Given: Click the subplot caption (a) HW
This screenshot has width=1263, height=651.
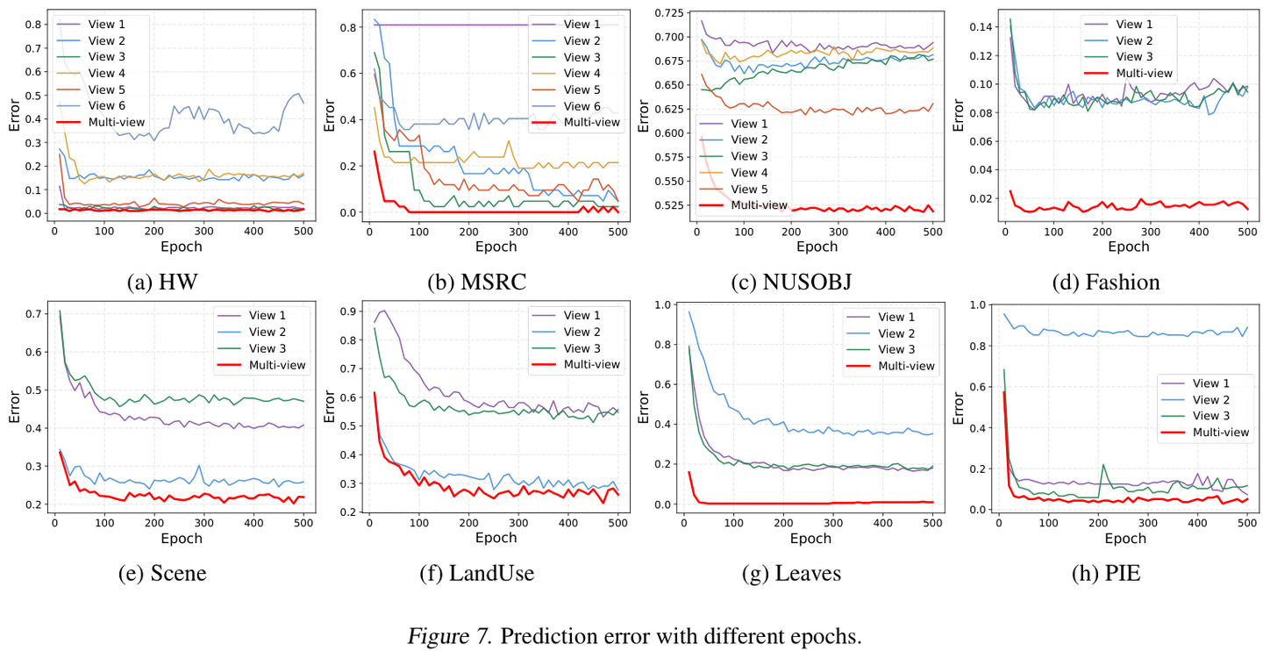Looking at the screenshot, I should (162, 283).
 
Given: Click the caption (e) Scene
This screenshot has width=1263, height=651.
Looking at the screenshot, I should (162, 574).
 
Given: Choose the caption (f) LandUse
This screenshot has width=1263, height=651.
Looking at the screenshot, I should (478, 574).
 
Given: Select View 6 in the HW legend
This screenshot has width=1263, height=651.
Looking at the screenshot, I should (108, 105).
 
